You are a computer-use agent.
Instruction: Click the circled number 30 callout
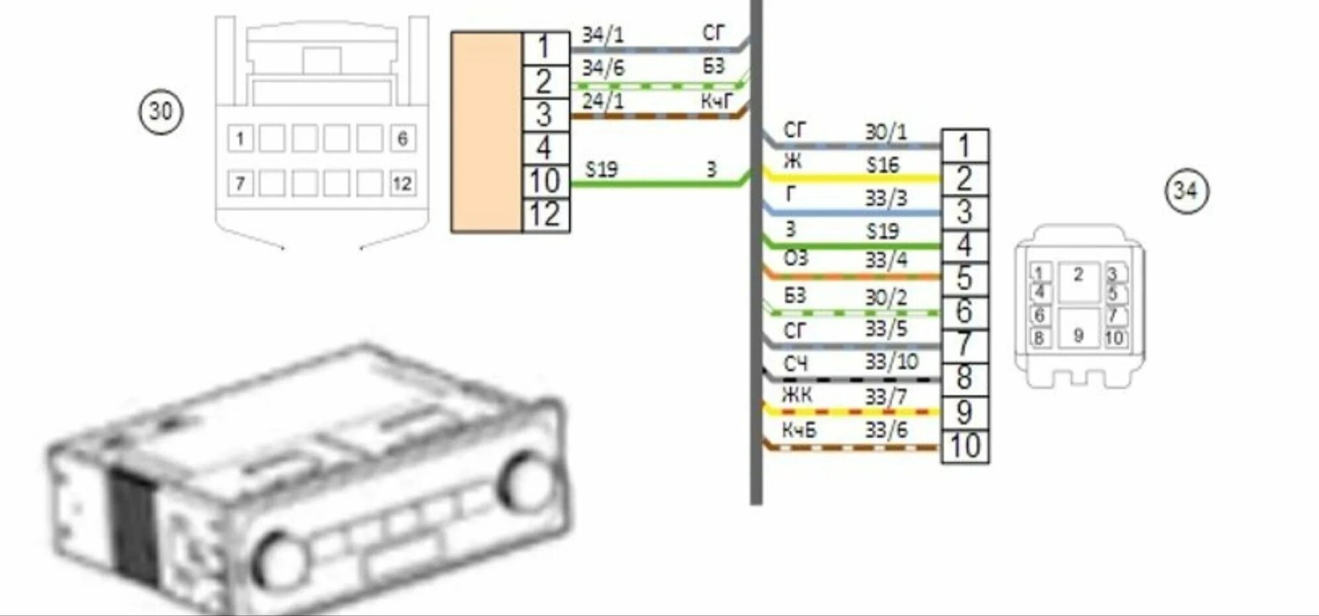click(x=161, y=111)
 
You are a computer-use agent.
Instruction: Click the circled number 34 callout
click(x=1186, y=191)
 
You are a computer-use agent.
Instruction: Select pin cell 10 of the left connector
click(x=545, y=181)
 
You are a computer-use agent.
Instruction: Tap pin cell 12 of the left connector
click(x=545, y=215)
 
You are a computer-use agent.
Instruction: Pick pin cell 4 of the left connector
click(x=545, y=148)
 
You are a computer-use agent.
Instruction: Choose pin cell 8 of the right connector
click(x=965, y=379)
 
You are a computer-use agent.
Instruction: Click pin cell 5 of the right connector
click(x=965, y=279)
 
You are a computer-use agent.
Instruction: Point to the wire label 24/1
click(x=602, y=101)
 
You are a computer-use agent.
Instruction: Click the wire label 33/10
click(x=891, y=362)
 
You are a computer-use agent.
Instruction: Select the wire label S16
click(x=883, y=165)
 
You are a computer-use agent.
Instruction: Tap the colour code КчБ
click(x=799, y=431)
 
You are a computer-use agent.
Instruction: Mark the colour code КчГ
click(x=717, y=101)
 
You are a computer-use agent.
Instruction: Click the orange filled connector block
click(x=486, y=132)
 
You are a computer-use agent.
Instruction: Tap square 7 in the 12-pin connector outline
click(x=240, y=183)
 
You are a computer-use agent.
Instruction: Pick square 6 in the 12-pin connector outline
click(x=402, y=139)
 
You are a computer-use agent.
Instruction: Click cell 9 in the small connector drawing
click(x=1078, y=335)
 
